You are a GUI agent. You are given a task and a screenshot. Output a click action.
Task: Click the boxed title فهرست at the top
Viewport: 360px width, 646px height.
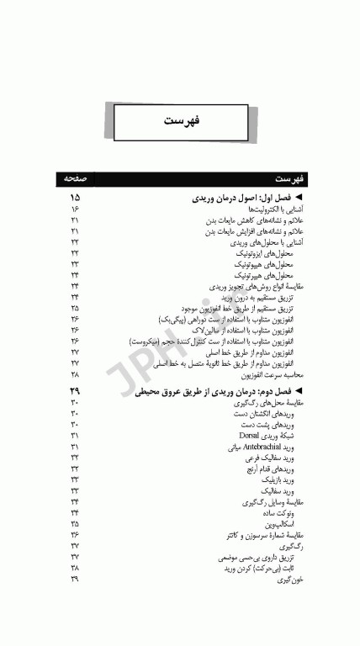tap(180, 121)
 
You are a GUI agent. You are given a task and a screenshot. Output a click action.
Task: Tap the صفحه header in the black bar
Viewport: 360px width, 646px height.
tap(75, 180)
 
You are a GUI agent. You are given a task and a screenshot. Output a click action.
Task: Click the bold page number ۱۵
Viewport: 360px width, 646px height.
tap(75, 197)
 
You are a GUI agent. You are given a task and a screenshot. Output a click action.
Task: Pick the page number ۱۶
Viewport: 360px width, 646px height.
tap(75, 209)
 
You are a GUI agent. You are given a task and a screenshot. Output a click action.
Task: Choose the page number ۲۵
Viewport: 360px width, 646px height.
tap(75, 309)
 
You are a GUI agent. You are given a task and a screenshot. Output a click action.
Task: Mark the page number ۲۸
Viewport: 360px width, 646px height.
tap(75, 374)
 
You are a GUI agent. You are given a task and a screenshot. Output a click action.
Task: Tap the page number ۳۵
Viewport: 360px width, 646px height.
tap(75, 523)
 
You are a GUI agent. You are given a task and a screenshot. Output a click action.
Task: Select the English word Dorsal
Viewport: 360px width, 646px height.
tap(248, 435)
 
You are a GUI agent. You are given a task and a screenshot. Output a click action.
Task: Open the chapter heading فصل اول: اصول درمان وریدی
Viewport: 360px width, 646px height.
tap(244, 197)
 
